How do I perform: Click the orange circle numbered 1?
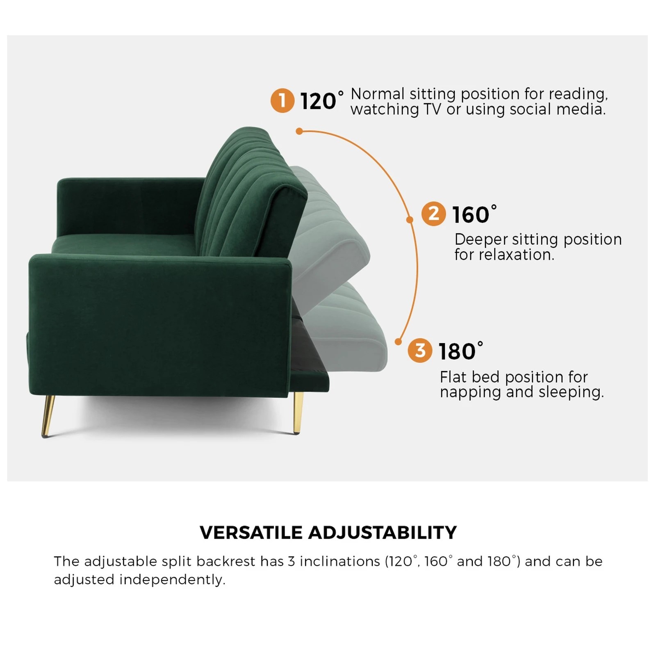click(282, 100)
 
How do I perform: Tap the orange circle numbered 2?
click(433, 214)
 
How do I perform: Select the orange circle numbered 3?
click(420, 351)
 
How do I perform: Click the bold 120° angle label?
click(321, 101)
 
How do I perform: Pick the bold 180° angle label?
click(460, 351)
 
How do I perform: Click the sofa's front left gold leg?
click(48, 416)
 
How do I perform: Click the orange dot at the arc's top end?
click(299, 131)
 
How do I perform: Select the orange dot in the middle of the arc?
click(409, 220)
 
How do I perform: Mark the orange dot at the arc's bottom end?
click(398, 342)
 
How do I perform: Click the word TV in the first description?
click(432, 109)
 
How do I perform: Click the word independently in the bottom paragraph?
click(172, 580)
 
